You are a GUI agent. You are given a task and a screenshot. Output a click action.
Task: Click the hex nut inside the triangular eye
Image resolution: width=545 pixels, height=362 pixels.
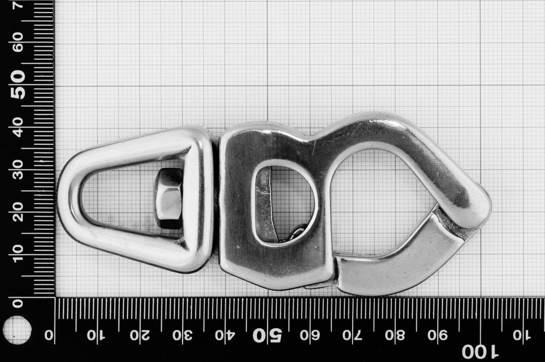(x=168, y=198)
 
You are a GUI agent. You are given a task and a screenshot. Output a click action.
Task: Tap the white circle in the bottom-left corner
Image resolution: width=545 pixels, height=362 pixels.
(x=17, y=330)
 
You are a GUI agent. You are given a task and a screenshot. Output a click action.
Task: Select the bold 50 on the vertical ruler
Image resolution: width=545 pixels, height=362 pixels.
(x=18, y=84)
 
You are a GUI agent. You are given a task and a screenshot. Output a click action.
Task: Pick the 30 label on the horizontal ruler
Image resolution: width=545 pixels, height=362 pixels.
(x=183, y=335)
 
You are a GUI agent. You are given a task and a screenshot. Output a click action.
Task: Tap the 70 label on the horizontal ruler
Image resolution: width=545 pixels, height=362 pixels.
(x=352, y=335)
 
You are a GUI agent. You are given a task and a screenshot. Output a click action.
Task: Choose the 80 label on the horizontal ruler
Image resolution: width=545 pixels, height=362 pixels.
(x=395, y=335)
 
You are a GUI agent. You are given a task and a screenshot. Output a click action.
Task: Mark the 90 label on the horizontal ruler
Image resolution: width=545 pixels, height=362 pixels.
(x=438, y=335)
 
